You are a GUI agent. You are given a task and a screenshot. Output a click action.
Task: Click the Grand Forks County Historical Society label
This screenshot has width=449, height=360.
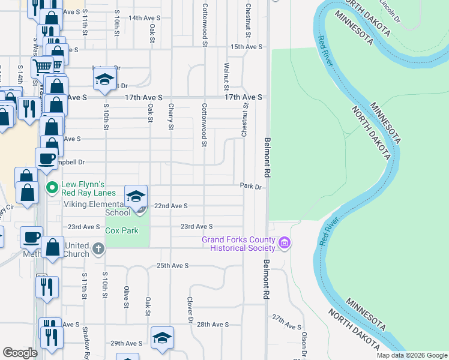click(x=238, y=244)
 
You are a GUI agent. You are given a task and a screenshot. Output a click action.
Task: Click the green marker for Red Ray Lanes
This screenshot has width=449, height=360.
click(x=52, y=188)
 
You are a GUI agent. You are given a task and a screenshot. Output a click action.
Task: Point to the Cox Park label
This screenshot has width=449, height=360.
click(x=122, y=230)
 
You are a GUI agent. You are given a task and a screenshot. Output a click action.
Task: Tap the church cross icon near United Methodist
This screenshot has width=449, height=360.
click(x=99, y=247)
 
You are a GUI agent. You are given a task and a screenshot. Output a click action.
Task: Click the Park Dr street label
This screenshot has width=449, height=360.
click(x=252, y=187)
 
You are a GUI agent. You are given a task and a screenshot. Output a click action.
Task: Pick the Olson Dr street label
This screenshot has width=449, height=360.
click(x=304, y=341)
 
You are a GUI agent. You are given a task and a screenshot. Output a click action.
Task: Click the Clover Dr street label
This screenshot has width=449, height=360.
click(x=190, y=307)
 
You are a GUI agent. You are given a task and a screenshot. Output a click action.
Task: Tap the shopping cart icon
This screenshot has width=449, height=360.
click(x=43, y=65)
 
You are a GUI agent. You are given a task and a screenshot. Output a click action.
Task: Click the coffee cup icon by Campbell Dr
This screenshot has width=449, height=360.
click(x=47, y=159)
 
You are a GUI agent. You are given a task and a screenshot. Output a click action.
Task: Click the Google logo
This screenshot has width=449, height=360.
click(x=20, y=353)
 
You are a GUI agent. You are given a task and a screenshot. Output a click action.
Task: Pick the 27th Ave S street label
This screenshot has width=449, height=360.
click(x=286, y=326)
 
